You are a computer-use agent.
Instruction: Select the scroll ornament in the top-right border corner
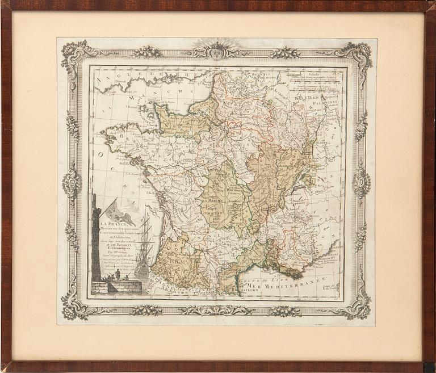pyautogui.click(x=359, y=54)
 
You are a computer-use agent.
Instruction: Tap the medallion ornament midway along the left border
pyautogui.click(x=72, y=183)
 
